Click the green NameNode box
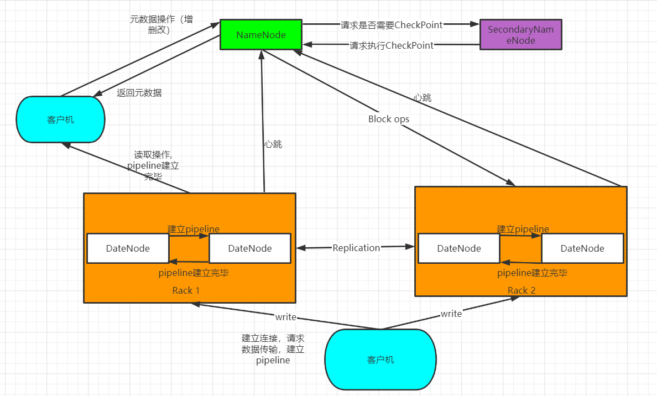click(x=261, y=35)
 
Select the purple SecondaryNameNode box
click(x=520, y=34)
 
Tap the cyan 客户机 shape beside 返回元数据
click(x=60, y=119)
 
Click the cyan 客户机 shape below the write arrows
click(x=380, y=359)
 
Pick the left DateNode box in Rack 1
click(x=128, y=248)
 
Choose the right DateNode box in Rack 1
click(x=250, y=248)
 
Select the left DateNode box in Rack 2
click(x=459, y=248)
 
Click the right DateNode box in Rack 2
click(x=582, y=248)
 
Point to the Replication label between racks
click(x=356, y=248)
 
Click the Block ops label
click(x=389, y=119)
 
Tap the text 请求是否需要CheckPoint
click(x=392, y=24)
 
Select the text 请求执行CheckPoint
click(x=392, y=45)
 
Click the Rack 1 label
click(x=186, y=290)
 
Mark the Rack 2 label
click(x=522, y=290)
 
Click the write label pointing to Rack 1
click(x=286, y=317)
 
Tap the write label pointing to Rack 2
click(x=451, y=314)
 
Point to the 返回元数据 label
click(x=139, y=93)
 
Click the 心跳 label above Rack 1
click(x=273, y=144)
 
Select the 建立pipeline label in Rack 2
click(x=523, y=229)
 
